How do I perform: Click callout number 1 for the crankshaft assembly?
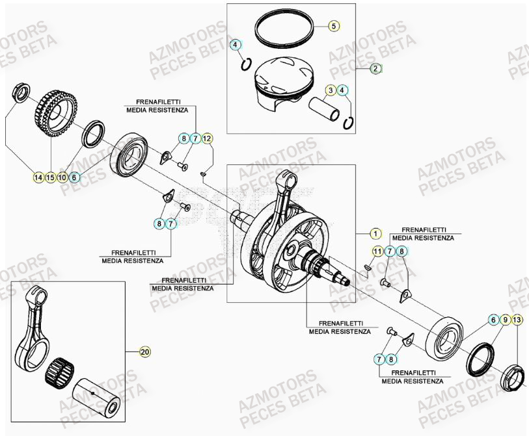pyautogui.click(x=374, y=233)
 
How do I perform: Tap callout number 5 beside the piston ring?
pyautogui.click(x=333, y=27)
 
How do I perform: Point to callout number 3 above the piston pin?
pyautogui.click(x=331, y=90)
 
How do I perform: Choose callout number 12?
pyautogui.click(x=207, y=138)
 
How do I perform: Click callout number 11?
pyautogui.click(x=377, y=251)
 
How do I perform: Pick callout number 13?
pyautogui.click(x=517, y=320)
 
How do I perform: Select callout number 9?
pyautogui.click(x=505, y=320)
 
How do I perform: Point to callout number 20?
pyautogui.click(x=144, y=352)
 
